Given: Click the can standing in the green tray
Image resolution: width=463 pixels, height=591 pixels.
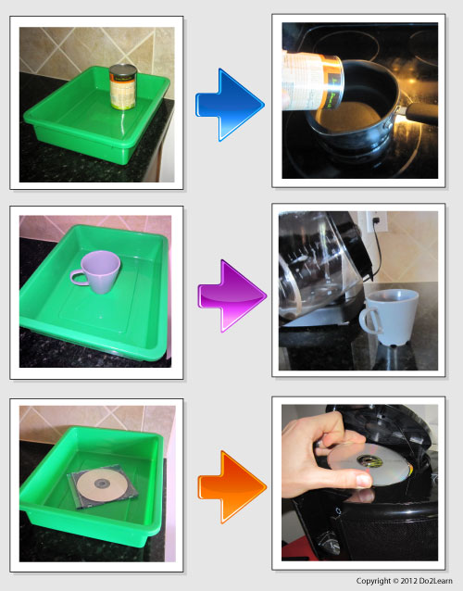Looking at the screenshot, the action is click(x=123, y=87).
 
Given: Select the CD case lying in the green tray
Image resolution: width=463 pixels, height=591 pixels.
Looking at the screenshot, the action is click(x=103, y=486).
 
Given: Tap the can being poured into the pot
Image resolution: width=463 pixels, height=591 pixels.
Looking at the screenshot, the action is click(x=313, y=81).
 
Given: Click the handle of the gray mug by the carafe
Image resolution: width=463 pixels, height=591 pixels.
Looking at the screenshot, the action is click(x=368, y=320).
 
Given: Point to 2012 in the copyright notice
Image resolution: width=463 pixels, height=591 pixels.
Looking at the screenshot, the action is click(x=407, y=581).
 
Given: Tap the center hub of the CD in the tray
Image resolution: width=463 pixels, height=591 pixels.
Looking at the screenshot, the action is click(x=101, y=483).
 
